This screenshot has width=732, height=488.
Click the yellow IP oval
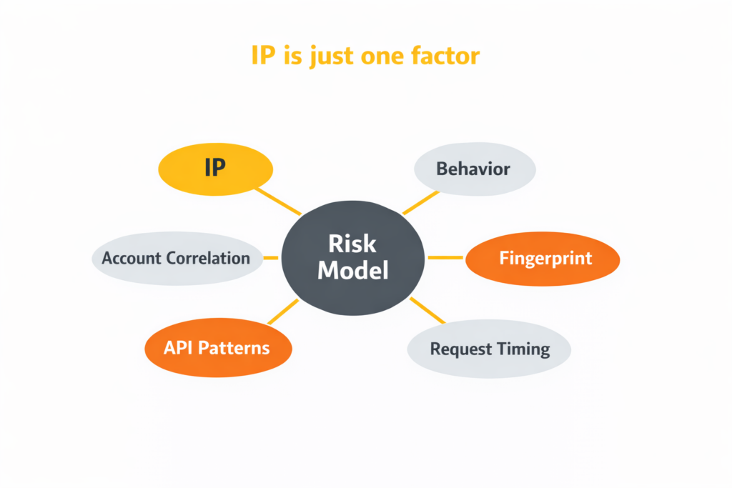click(216, 169)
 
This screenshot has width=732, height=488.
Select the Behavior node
click(475, 169)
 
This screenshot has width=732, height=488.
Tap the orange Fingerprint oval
click(543, 259)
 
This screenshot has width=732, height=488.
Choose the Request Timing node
click(489, 349)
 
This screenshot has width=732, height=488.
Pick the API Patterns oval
click(218, 347)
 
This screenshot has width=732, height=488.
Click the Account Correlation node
click(177, 258)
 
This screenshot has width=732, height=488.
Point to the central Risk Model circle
click(353, 258)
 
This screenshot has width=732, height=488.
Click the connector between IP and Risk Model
click(278, 201)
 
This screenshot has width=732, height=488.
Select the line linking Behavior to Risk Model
click(420, 202)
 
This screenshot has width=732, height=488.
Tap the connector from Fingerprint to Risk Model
click(445, 257)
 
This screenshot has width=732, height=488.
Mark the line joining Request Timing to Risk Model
click(427, 310)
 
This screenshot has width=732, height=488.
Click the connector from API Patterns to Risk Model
click(283, 312)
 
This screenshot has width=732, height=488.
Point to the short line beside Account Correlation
click(271, 257)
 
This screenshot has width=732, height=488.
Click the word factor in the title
click(445, 56)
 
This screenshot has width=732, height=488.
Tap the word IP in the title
click(263, 56)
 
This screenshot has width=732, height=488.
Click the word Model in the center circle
click(353, 270)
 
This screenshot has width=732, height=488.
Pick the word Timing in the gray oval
click(523, 349)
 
